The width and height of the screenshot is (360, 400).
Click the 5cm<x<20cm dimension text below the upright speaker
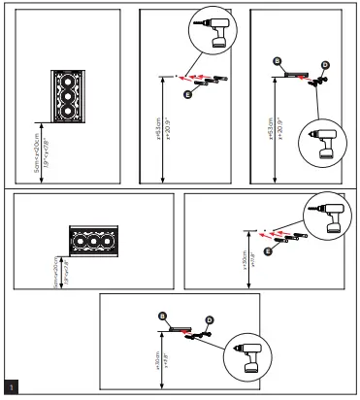(x=39, y=150)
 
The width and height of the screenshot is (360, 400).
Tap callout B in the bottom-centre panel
(x=163, y=316)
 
